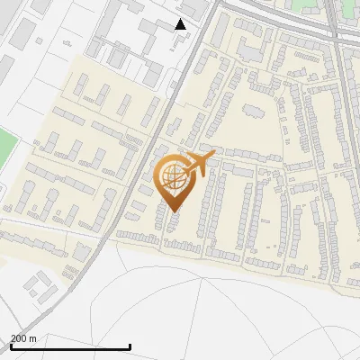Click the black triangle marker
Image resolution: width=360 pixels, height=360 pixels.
click(x=181, y=24)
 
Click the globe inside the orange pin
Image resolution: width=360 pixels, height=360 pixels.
click(x=171, y=178)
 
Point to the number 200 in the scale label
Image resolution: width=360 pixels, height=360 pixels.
click(x=18, y=338)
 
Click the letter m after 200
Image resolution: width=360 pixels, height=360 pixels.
click(x=33, y=338)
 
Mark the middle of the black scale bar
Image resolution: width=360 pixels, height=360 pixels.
click(x=70, y=346)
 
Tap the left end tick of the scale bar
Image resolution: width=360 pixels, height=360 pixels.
click(x=11, y=345)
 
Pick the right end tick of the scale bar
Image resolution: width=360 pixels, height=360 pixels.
click(x=130, y=345)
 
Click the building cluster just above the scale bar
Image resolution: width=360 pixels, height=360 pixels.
click(x=39, y=286)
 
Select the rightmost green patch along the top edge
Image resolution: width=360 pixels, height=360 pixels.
click(x=349, y=9)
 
